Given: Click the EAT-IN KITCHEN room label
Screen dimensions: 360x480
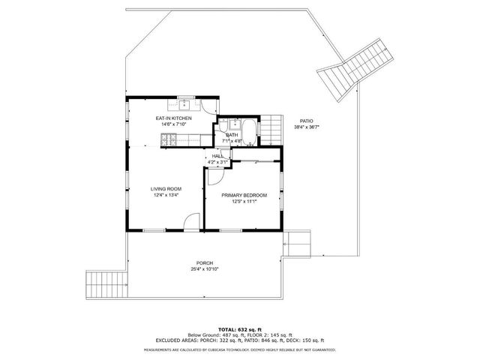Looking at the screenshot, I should tap(173, 118).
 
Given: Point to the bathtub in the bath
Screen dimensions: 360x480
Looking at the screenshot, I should tap(249, 130).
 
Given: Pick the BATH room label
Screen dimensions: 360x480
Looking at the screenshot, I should tap(232, 135).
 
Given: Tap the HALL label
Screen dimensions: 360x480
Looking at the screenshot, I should tap(217, 156).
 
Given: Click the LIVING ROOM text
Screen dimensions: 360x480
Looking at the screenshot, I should tap(166, 189).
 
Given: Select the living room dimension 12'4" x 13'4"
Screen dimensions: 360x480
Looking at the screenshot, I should tap(166, 196).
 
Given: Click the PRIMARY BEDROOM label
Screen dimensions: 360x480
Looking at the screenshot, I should tap(244, 195).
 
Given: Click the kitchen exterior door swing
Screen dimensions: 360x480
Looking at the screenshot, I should tap(208, 106).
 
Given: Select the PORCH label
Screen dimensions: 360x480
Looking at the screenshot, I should tap(205, 262).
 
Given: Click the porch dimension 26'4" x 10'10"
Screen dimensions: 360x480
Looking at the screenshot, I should tap(205, 269).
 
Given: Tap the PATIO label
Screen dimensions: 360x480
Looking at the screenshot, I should tap(306, 121).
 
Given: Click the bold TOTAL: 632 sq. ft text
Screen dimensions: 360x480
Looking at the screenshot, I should tap(239, 329).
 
